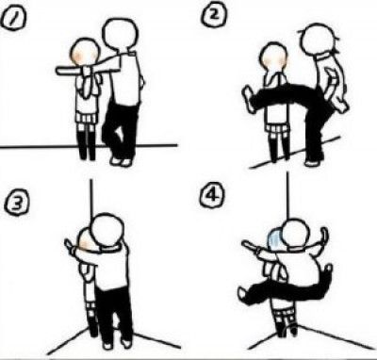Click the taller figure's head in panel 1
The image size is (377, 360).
coord(121,34)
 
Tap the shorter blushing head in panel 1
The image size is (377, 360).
coord(86,53)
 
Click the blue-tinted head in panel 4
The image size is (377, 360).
coord(274,239)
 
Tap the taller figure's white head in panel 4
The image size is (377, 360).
coord(295,235)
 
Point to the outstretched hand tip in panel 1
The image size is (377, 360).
coord(58,71)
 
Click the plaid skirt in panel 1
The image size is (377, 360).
coord(87,119)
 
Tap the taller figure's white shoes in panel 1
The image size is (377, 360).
coord(121,162)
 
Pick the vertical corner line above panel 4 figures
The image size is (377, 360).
coord(287,196)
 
